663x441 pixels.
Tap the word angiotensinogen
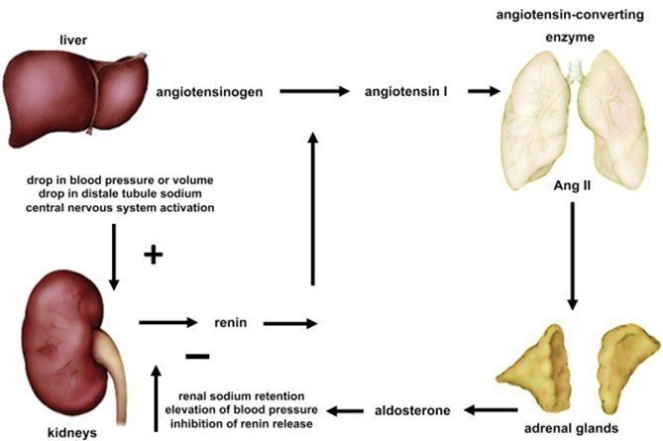(x=209, y=92)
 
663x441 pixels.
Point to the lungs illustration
(x=575, y=124)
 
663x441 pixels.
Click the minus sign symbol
(x=197, y=355)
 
